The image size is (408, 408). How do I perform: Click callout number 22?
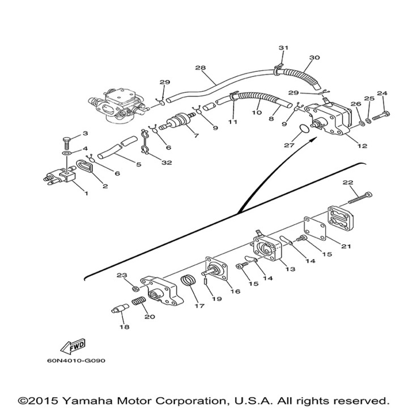(348, 182)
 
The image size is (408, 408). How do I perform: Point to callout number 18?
(123, 327)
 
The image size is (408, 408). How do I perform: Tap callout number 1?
(87, 193)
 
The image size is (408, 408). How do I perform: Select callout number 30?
(314, 58)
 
